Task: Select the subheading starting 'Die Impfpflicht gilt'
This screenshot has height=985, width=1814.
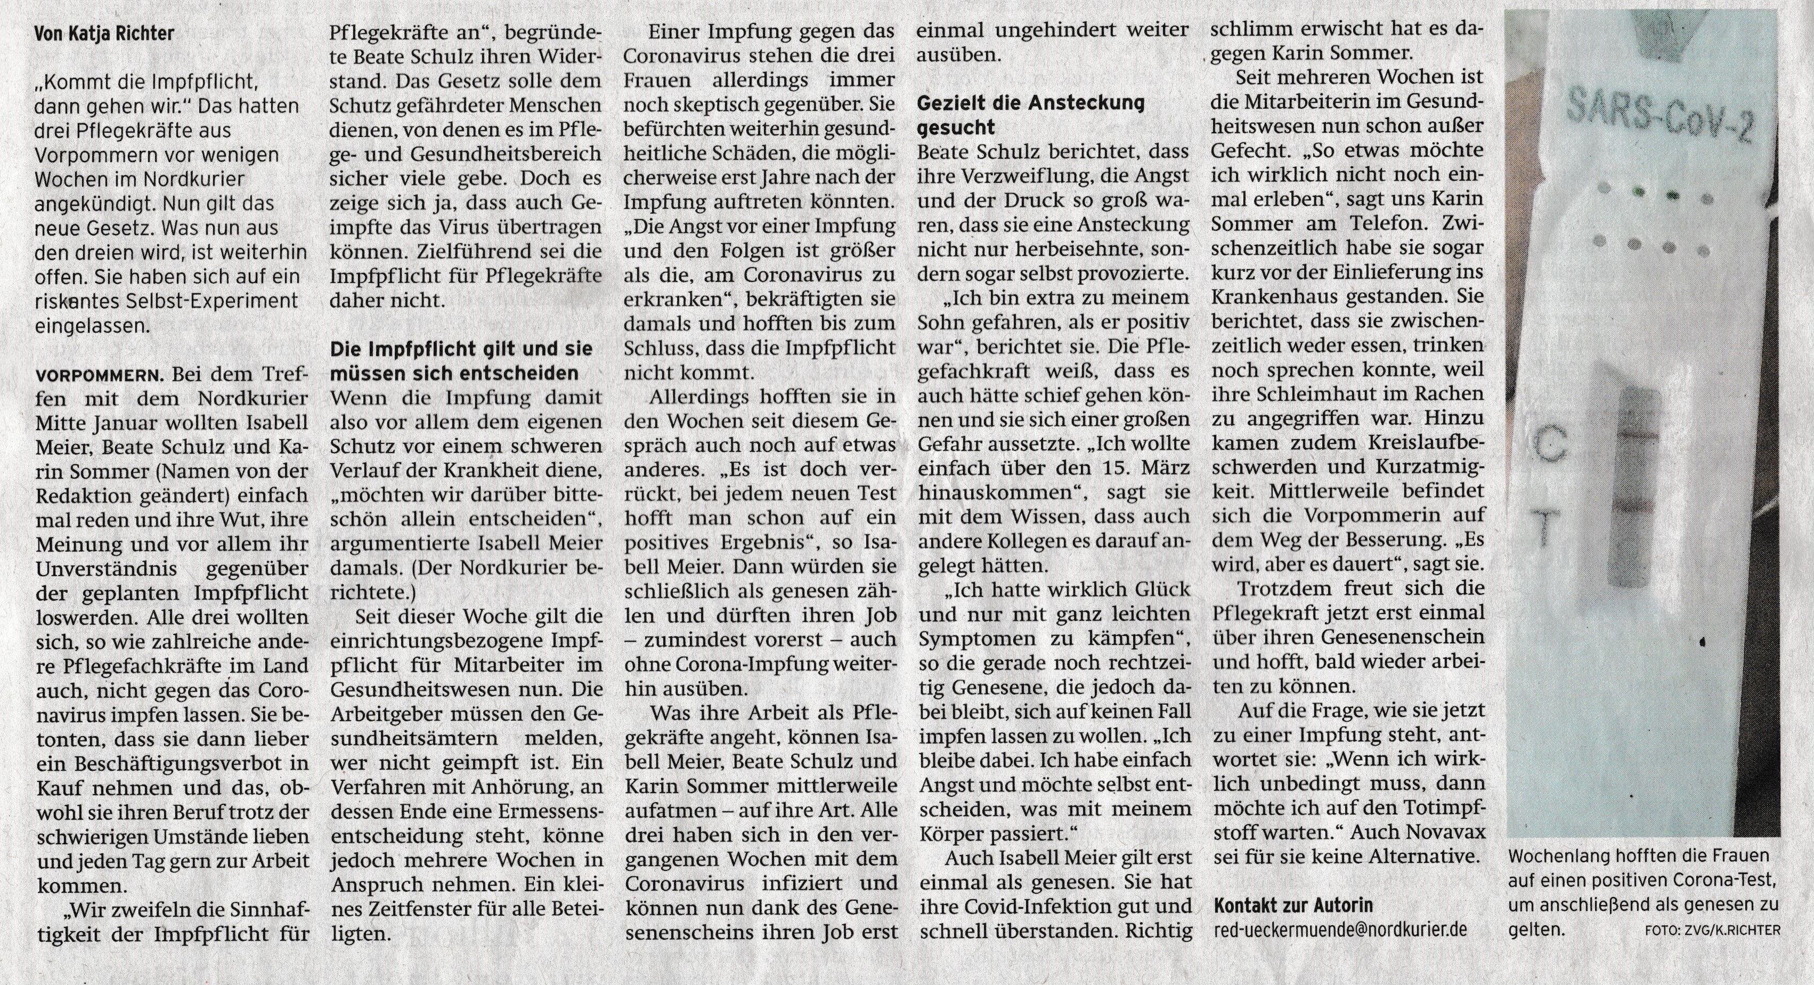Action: pos(462,360)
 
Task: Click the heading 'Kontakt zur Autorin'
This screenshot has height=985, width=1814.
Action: pos(1294,906)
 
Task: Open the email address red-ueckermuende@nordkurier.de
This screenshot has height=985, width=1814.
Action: pos(1341,930)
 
